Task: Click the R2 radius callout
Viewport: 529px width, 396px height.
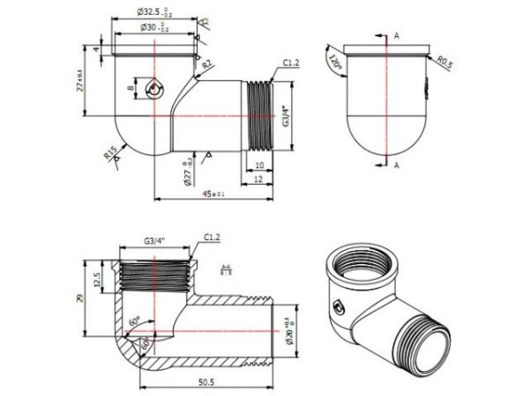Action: (x=206, y=64)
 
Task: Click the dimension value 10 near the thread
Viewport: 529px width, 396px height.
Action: (x=258, y=165)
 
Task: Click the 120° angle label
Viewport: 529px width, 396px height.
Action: (x=334, y=64)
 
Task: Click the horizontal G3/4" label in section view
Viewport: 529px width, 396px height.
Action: (x=156, y=238)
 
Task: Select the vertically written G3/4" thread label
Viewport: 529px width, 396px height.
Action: (x=285, y=115)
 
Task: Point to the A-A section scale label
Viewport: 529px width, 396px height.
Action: (x=226, y=269)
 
